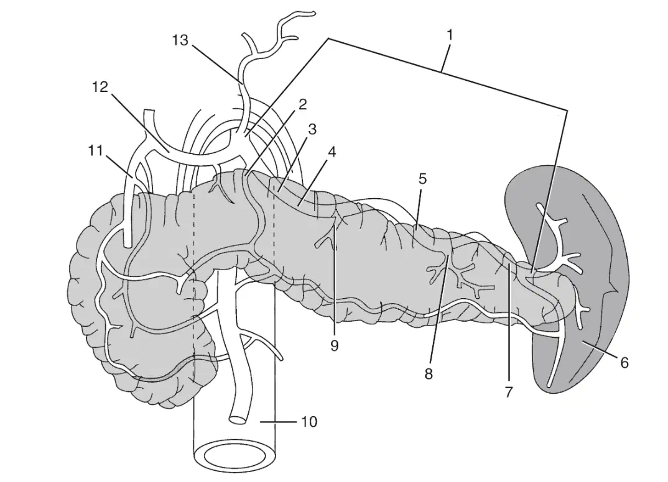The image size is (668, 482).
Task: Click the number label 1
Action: (x=449, y=35)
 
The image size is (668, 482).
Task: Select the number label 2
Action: (x=302, y=104)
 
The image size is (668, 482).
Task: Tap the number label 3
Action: (x=312, y=129)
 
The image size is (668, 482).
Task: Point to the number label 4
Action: (x=332, y=152)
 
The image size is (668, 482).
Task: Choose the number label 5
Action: (x=422, y=179)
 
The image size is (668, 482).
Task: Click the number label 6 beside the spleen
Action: (x=624, y=363)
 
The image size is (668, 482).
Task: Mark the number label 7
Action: (x=509, y=392)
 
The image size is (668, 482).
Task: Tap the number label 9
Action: (x=335, y=346)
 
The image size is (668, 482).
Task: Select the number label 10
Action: (x=309, y=422)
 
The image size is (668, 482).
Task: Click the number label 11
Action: (x=96, y=150)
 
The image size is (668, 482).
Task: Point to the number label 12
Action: (x=101, y=87)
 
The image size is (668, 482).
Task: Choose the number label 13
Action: (x=180, y=40)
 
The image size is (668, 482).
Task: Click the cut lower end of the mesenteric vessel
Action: (x=238, y=419)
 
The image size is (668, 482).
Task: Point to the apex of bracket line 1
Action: (x=329, y=39)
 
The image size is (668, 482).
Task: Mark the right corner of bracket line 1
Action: (x=567, y=111)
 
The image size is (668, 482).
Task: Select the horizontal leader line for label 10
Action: (x=278, y=422)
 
